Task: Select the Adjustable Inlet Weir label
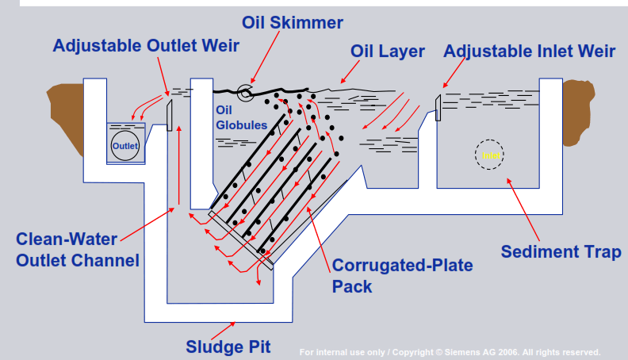tap(529, 52)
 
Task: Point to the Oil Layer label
tap(388, 52)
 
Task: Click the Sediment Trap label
tap(561, 251)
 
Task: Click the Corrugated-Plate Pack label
tap(402, 275)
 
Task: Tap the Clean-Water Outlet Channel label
tap(78, 249)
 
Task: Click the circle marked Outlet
tap(124, 146)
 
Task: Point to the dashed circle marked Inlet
tap(489, 154)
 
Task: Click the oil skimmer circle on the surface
tap(247, 93)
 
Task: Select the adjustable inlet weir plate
tap(437, 108)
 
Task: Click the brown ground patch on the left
tap(67, 115)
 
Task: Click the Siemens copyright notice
tap(450, 352)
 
